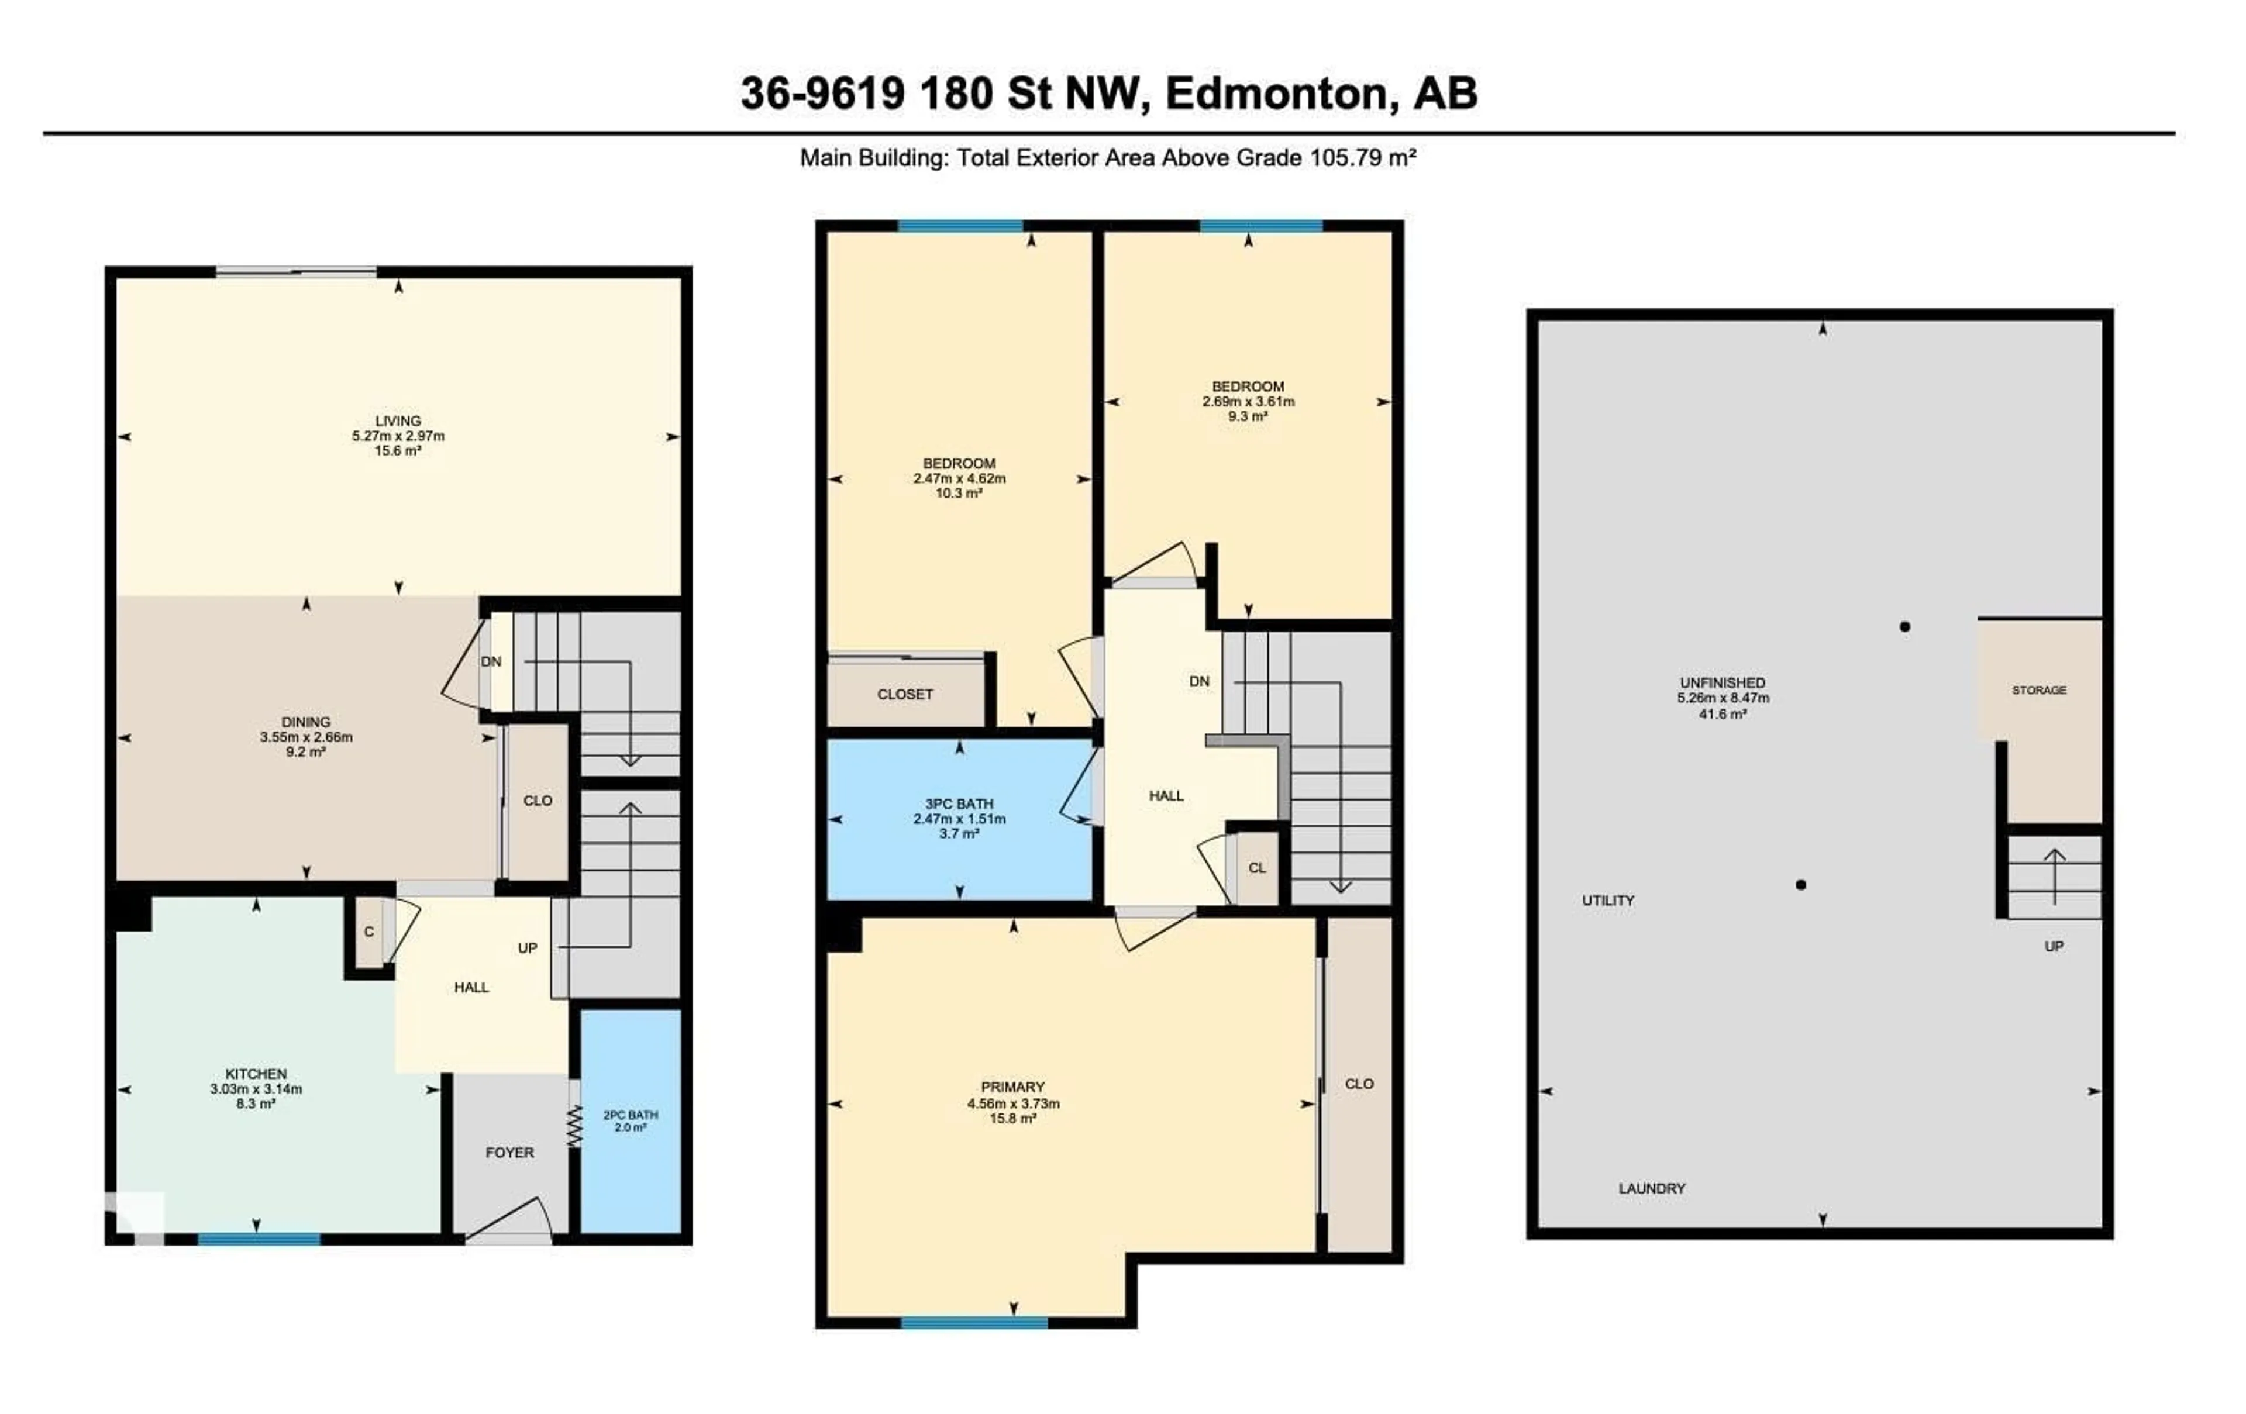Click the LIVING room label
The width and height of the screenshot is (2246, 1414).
coord(398,420)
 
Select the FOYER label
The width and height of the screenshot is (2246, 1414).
coord(509,1153)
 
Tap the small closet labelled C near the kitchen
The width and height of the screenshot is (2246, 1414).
coord(369,932)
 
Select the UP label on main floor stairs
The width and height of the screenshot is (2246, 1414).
coord(527,948)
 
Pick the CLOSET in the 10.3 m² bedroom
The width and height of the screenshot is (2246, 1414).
coord(905,695)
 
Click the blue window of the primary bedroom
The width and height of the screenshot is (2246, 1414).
coord(974,1323)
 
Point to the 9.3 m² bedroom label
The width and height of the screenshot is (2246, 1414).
coord(1248,386)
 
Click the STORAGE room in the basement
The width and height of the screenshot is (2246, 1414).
coord(2039,690)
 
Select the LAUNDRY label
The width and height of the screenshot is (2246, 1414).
coord(1652,1188)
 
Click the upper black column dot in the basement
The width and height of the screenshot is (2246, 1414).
coord(1904,627)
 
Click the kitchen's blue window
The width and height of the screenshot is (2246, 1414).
coord(259,1240)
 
